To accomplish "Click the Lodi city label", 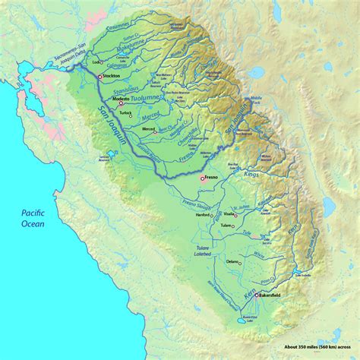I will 96,62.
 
